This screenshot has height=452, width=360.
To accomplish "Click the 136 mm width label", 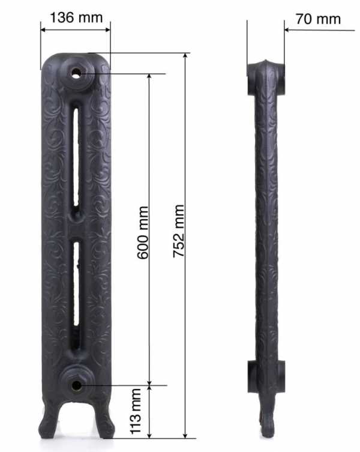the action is coord(76,17).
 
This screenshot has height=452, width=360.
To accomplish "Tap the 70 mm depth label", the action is coord(318,19).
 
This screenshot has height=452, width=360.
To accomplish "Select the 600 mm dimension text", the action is coord(143,233).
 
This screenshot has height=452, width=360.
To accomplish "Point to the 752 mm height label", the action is coord(179,231).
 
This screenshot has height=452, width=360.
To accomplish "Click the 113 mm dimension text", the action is coord(136,411).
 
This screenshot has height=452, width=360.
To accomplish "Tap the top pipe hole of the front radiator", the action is coord(76,74).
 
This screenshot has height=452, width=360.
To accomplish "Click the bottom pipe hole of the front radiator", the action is coord(76,385).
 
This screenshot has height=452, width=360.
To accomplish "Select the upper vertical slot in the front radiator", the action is coord(76,157).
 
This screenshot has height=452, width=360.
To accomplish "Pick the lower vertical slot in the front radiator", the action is coord(76,284).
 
